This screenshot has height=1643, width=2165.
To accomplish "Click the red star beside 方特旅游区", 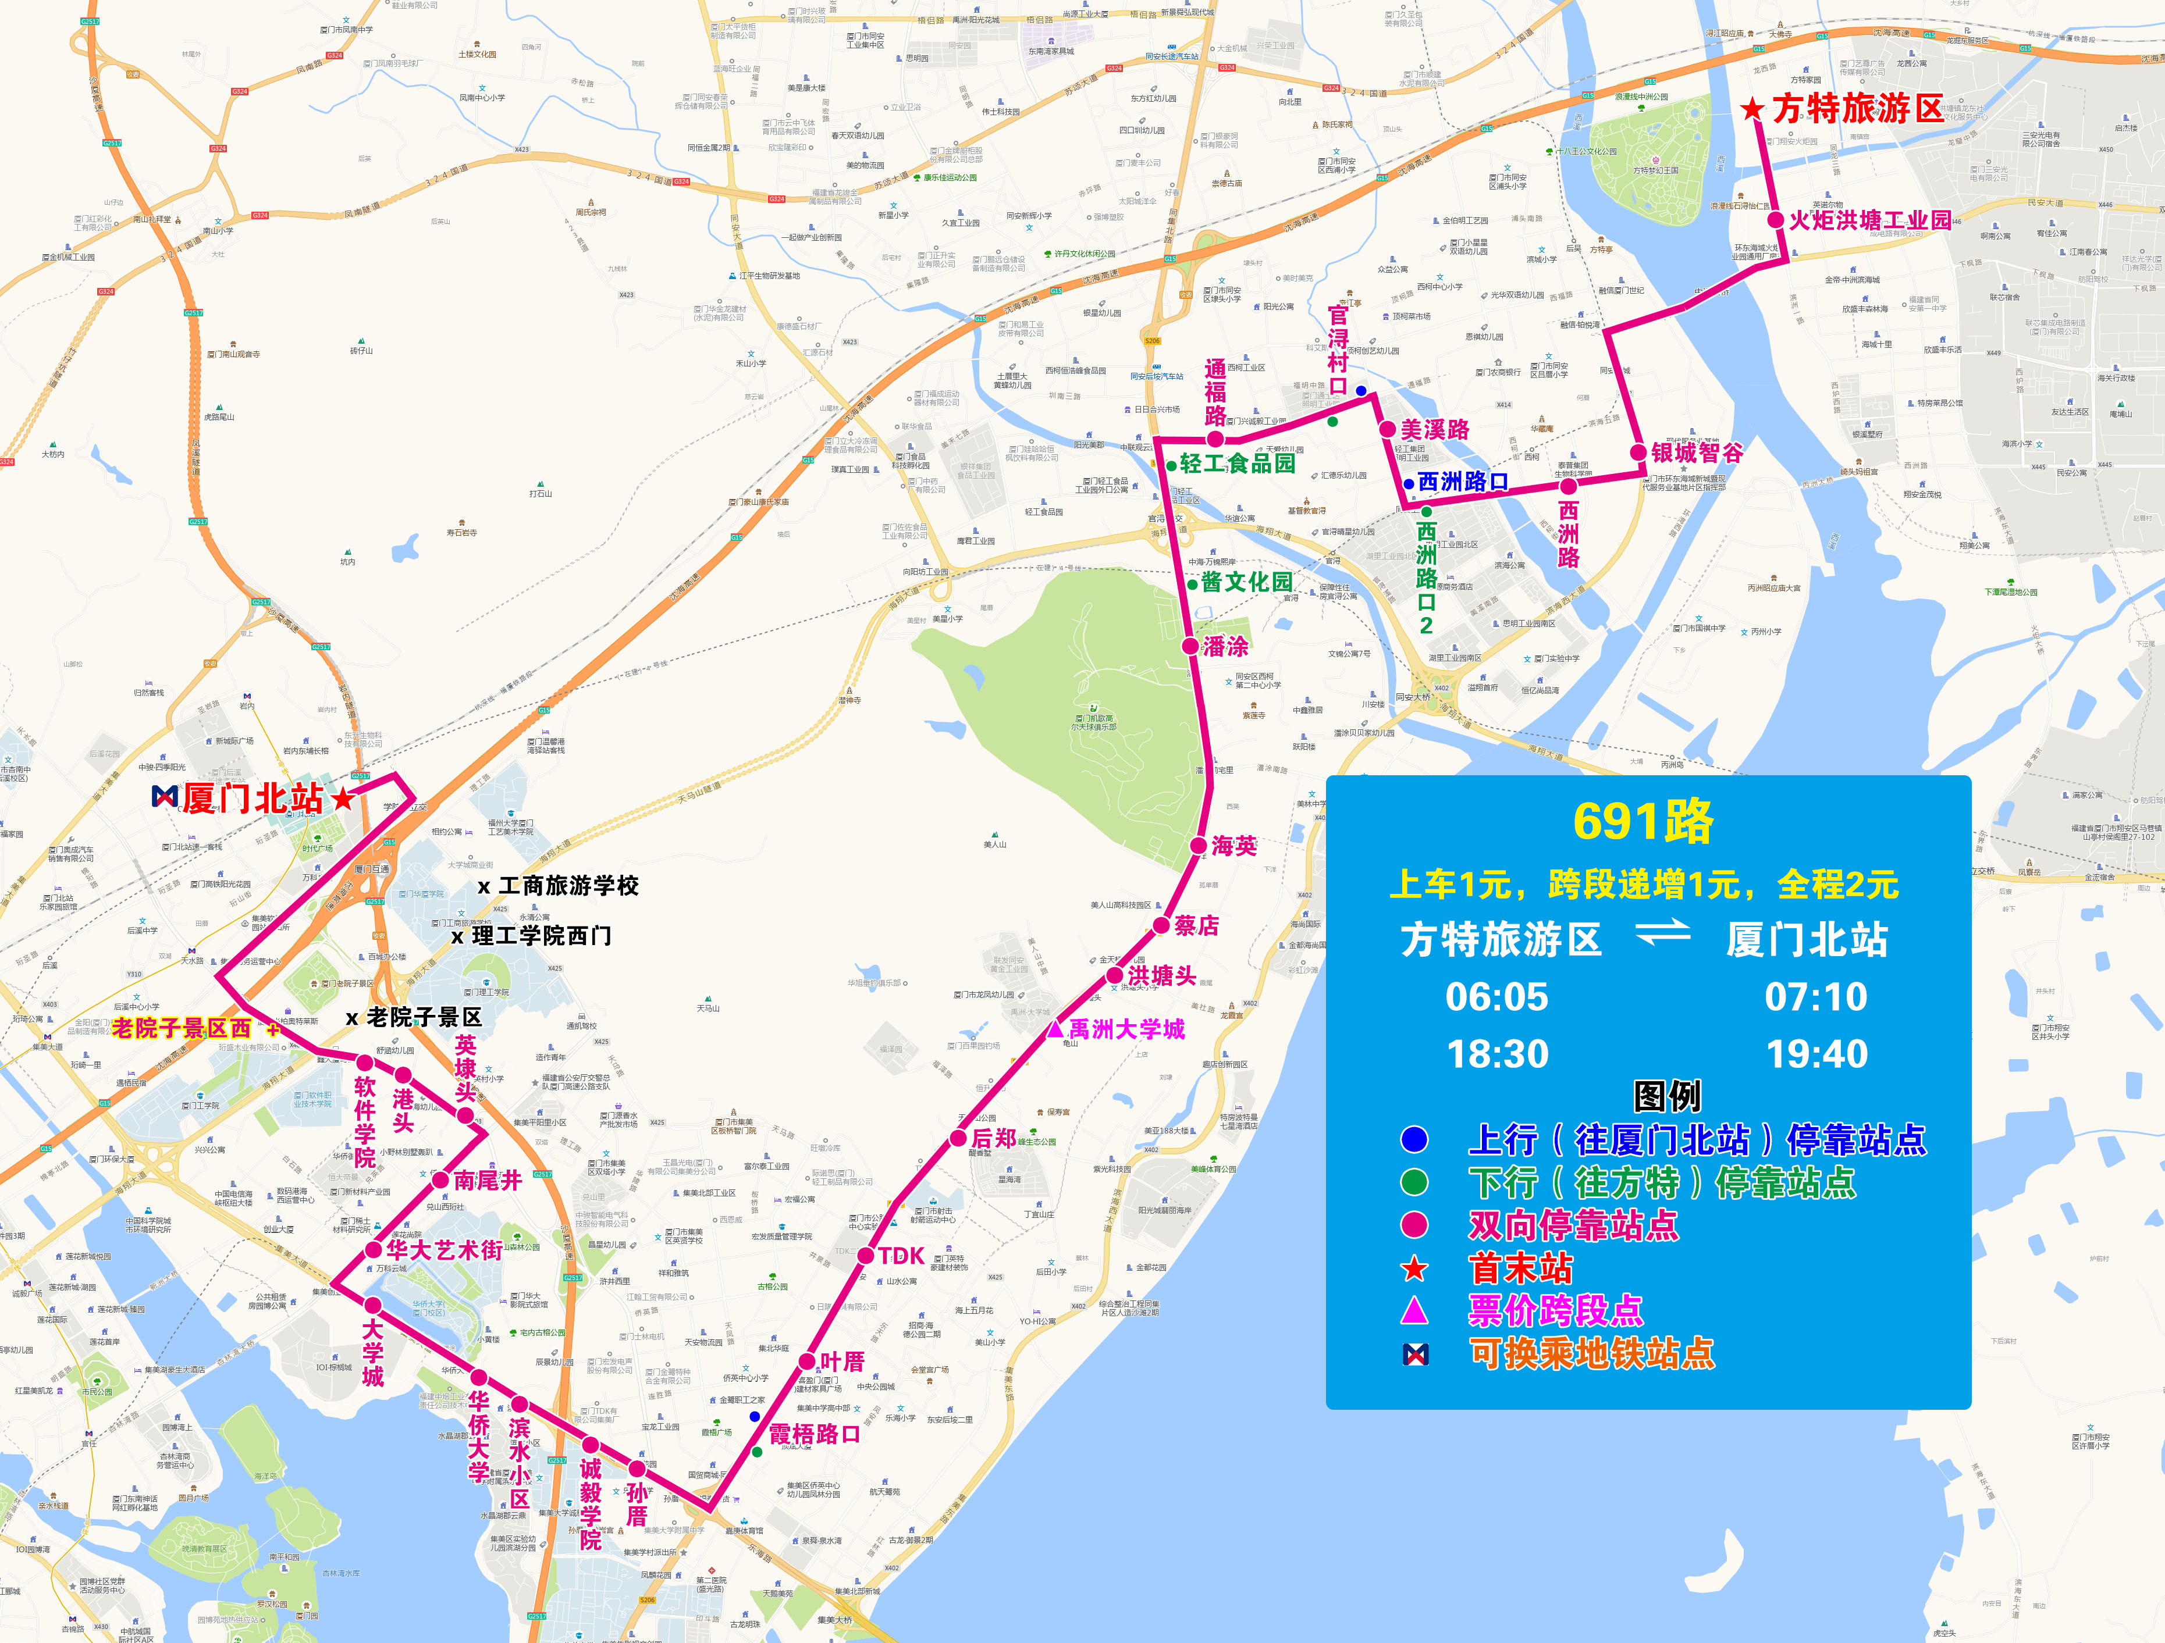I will pos(1752,109).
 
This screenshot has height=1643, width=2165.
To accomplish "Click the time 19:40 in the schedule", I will pos(1816,1054).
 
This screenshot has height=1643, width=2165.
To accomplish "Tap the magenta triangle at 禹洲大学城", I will pos(1054,1028).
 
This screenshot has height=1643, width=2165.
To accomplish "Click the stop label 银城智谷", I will pos(1697,452).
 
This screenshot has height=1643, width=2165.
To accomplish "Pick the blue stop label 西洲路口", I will pos(1462,482).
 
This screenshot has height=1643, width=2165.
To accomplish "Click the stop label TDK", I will pos(901,1256).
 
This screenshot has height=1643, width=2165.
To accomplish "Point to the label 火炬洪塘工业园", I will pos(1869,220).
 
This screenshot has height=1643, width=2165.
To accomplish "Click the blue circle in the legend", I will pos(1414,1139).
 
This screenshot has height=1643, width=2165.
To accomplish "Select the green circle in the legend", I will pos(1414,1182).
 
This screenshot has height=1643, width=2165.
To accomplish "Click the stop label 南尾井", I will pos(488,1180).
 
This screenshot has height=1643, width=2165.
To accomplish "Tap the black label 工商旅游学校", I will pos(568,886).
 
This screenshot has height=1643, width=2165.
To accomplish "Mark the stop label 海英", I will pos(1233,846).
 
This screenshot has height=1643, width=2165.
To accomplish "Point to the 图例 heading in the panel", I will pos(1667,1095).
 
